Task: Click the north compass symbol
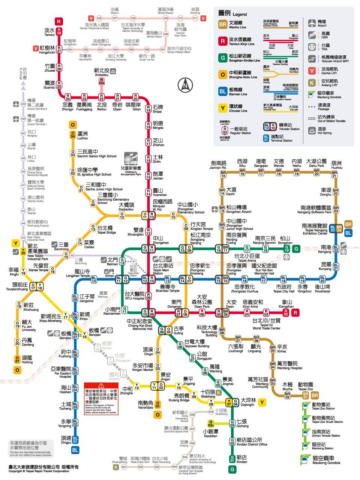(185, 85)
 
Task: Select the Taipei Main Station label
(160, 268)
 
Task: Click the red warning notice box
(101, 399)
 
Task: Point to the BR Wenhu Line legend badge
(223, 24)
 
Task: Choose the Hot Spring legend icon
(312, 130)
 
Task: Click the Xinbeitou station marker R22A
(102, 81)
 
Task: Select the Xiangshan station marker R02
(286, 312)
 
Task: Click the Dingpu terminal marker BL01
(75, 439)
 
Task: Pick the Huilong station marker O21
(17, 359)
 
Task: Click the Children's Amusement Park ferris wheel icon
(130, 159)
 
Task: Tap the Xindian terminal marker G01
(232, 459)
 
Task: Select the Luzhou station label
(82, 135)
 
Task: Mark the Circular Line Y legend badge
(223, 108)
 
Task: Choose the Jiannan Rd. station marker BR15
(223, 174)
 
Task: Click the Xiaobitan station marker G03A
(211, 424)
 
